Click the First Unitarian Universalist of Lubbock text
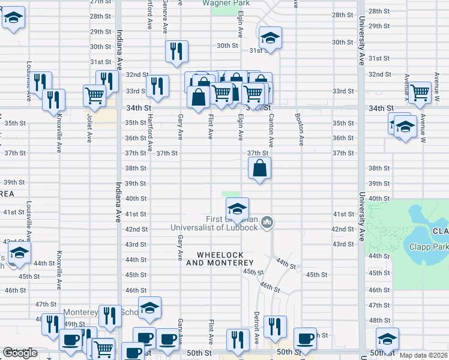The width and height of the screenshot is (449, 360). click(214, 223)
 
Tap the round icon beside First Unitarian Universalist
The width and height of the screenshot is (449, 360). click(268, 223)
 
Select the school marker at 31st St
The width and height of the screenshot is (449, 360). click(270, 39)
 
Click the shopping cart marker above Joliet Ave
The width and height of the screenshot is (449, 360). click(95, 95)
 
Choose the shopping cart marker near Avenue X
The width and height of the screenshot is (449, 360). click(420, 92)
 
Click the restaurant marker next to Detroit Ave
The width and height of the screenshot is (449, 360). click(275, 327)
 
